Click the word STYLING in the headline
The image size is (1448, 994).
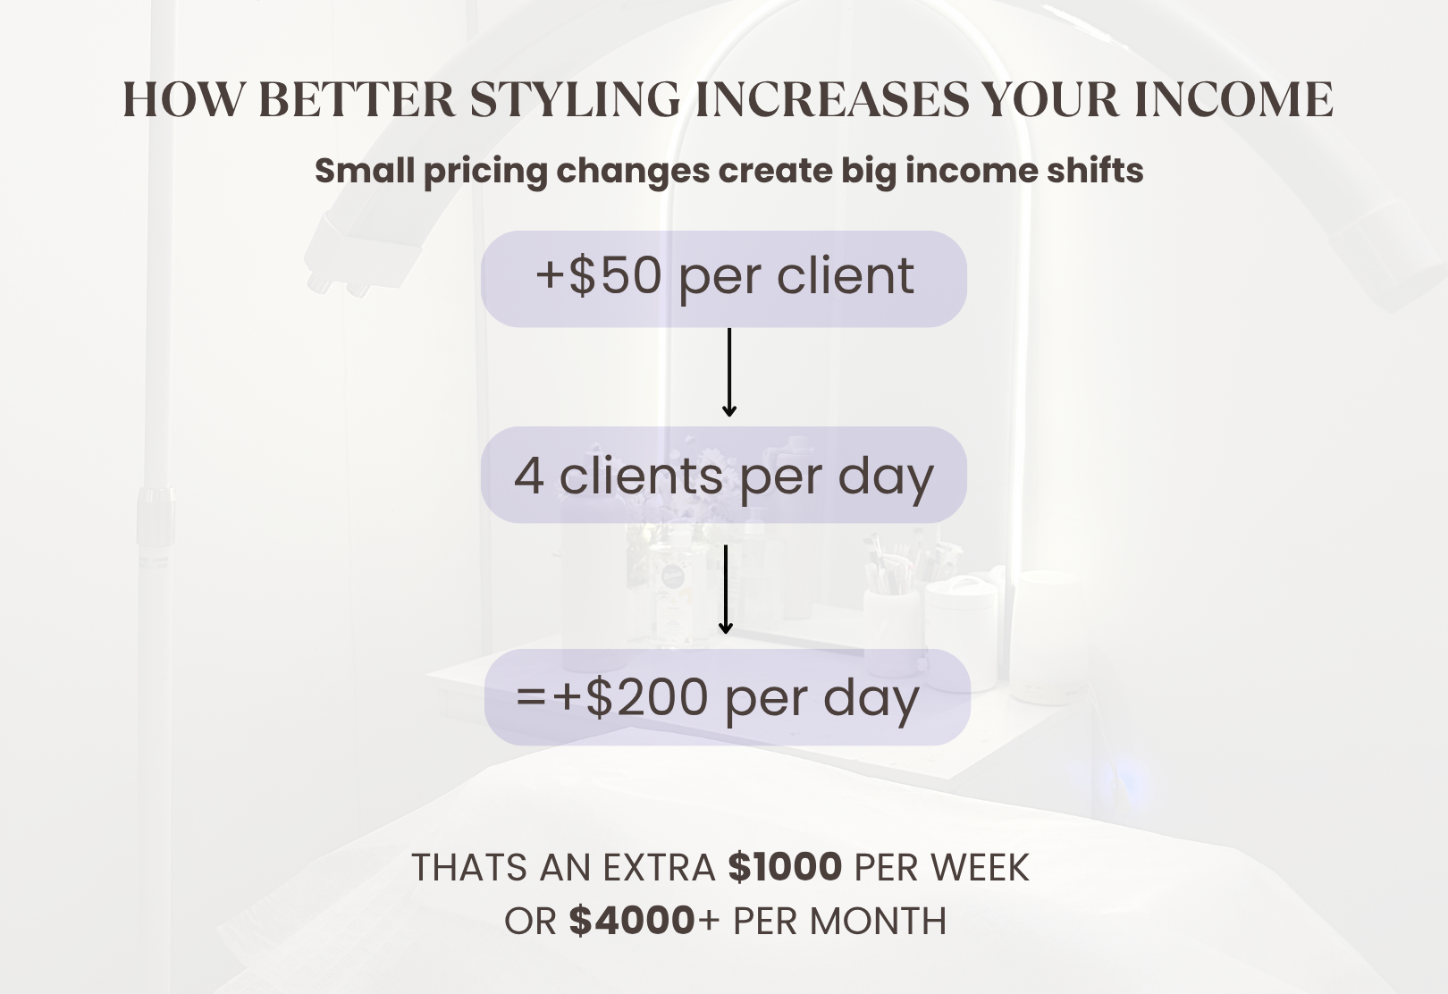point(575,99)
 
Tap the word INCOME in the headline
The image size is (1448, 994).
point(1233,99)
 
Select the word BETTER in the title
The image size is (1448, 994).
point(357,99)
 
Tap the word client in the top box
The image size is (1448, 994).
point(846,275)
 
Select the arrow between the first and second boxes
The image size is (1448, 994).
point(729,372)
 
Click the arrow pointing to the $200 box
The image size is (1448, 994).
point(725,589)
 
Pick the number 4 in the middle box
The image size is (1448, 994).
point(529,476)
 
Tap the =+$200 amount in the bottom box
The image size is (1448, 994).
point(611,697)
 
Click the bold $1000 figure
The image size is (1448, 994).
point(785,867)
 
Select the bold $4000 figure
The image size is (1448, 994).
point(632,921)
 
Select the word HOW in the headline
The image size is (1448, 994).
point(183,99)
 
